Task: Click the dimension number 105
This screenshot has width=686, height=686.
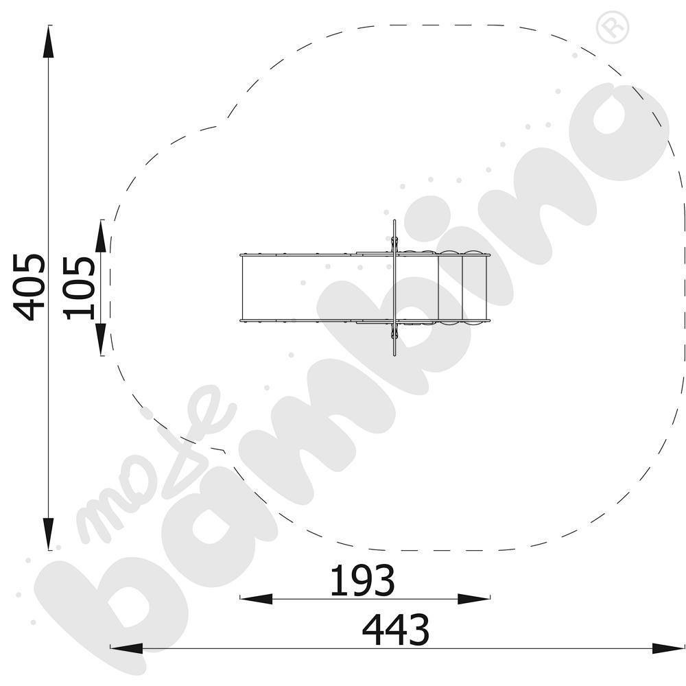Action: [x=79, y=287]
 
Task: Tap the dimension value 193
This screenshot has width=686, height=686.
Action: [x=362, y=580]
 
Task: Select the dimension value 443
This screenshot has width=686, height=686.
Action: [x=396, y=630]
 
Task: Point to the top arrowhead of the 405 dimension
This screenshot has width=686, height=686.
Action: [x=48, y=41]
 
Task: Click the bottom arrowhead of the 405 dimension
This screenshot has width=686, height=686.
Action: [x=48, y=534]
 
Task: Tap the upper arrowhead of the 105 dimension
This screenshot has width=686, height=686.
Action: [x=101, y=236]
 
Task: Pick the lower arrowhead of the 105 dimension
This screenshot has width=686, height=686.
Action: [x=101, y=340]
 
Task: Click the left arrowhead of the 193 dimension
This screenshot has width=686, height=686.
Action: [x=256, y=599]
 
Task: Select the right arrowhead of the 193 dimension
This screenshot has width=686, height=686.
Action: [x=474, y=599]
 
